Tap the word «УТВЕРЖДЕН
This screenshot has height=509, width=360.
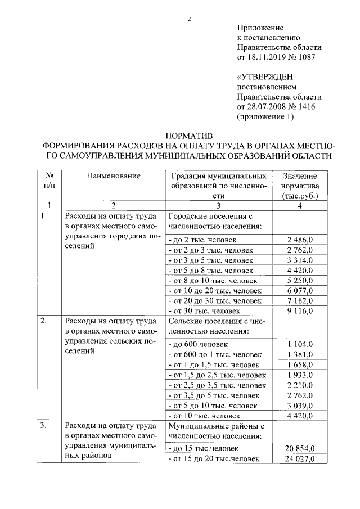[267, 76]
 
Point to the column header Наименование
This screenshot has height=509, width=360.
[113, 176]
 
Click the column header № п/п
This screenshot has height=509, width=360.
[49, 181]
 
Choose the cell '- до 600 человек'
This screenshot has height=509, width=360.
[197, 344]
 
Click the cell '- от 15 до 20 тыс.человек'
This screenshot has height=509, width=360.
[214, 459]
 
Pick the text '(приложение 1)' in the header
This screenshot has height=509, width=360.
[266, 116]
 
